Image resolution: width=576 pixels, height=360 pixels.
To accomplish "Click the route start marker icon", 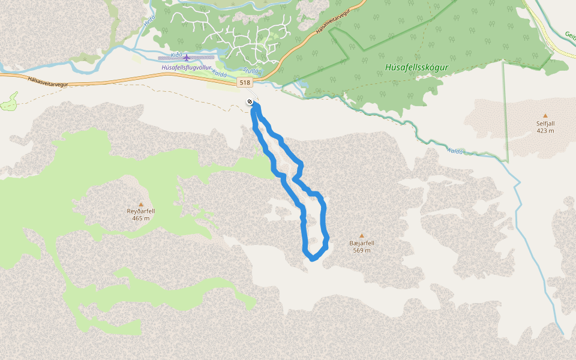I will pos(250,102).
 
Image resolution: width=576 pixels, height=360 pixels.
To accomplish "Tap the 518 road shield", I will pos(244,82).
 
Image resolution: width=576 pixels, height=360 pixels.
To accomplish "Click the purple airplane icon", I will pos(187,58).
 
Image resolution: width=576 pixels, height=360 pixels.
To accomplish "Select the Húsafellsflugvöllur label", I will pos(186,68).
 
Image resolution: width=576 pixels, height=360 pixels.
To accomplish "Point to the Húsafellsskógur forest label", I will pos(417,68).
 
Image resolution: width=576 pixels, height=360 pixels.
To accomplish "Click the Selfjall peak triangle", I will pos(545,115).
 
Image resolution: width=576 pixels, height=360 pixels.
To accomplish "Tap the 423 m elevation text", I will pos(545,130).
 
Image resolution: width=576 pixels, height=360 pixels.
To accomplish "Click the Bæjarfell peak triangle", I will pos(362,235).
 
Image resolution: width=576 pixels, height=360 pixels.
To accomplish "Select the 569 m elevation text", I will pos(362,250).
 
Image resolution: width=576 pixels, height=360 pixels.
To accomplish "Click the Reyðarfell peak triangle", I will pos(141,204).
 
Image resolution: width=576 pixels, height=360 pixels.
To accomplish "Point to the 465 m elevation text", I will pos(141,218).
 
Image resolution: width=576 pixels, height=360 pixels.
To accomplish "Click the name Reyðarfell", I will pos(141,211).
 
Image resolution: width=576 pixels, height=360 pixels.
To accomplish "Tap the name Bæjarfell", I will pos(362,243).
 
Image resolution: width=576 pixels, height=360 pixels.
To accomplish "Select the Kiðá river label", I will pos(176,55).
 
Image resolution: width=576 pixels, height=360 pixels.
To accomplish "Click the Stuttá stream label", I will pos(252,71).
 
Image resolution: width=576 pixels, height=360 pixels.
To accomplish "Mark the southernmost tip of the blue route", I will pos(312,259).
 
